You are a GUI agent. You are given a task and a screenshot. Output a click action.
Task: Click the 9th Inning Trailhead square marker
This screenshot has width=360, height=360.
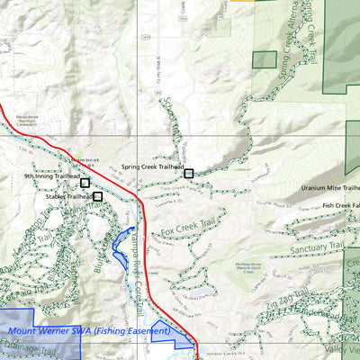point(85,183)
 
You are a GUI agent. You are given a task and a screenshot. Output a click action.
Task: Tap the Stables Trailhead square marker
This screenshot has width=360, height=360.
point(97,195)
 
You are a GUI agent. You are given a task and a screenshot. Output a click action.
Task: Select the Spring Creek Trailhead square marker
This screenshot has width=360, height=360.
point(188,173)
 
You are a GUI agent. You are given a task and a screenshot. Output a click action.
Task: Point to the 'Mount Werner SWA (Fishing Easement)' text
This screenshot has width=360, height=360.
point(88,331)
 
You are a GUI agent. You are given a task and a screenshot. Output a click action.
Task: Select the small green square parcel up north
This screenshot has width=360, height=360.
point(264,60)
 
